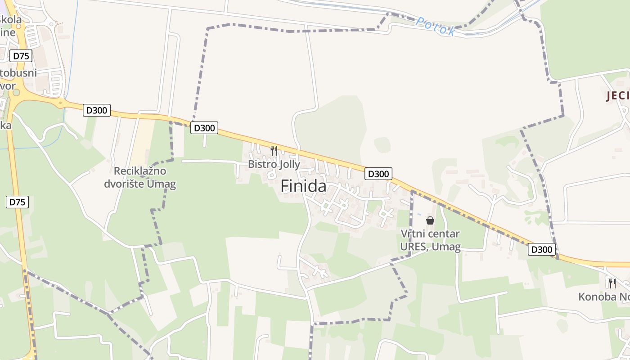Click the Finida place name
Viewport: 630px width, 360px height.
(x=304, y=185)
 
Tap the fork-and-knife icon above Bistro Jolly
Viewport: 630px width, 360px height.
(x=274, y=150)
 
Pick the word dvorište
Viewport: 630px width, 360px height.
(x=125, y=184)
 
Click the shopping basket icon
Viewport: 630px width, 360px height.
(x=430, y=220)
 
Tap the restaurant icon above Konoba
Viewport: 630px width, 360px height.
(x=612, y=283)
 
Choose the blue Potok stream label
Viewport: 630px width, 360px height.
(x=435, y=27)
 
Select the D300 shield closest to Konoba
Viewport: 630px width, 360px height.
(x=542, y=249)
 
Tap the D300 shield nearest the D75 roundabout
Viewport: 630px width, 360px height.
(x=97, y=110)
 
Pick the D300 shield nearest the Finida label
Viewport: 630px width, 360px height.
(x=378, y=174)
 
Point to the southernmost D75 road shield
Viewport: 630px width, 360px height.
(x=18, y=202)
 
